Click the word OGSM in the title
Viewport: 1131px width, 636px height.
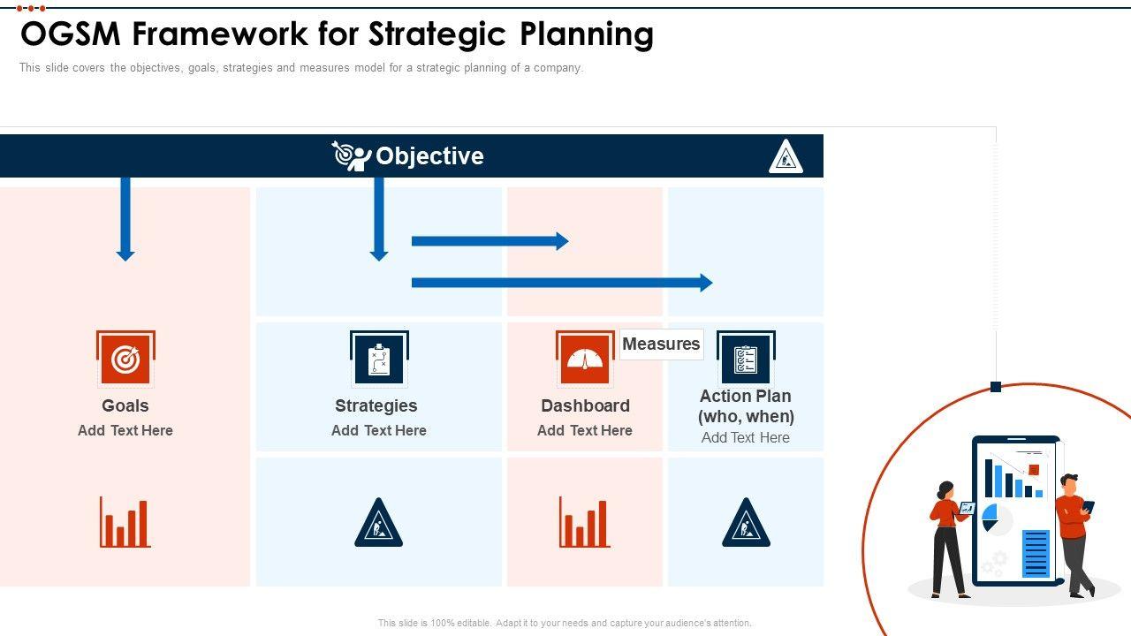[70, 34]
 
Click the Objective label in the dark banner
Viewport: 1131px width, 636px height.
[429, 156]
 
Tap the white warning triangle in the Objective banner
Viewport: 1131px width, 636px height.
[786, 156]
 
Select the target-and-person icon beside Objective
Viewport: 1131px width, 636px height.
[352, 156]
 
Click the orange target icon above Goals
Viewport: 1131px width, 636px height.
[125, 359]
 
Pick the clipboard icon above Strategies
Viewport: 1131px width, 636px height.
[379, 359]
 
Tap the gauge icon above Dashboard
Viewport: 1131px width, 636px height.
[585, 359]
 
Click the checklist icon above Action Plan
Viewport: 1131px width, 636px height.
[746, 359]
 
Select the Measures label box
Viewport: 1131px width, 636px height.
[661, 344]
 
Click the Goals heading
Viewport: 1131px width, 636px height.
[125, 405]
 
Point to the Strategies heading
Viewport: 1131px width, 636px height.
[376, 405]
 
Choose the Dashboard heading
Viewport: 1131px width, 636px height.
[585, 405]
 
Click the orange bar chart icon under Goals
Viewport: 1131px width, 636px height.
[125, 522]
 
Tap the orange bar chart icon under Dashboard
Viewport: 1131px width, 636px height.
[585, 522]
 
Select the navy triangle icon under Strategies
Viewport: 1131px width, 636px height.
[379, 523]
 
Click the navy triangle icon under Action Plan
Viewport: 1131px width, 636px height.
[747, 523]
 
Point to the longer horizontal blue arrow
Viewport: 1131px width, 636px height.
[562, 283]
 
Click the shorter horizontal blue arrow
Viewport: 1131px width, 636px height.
[490, 241]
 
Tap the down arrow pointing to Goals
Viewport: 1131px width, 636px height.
[125, 219]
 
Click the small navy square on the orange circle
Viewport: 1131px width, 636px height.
[996, 387]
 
